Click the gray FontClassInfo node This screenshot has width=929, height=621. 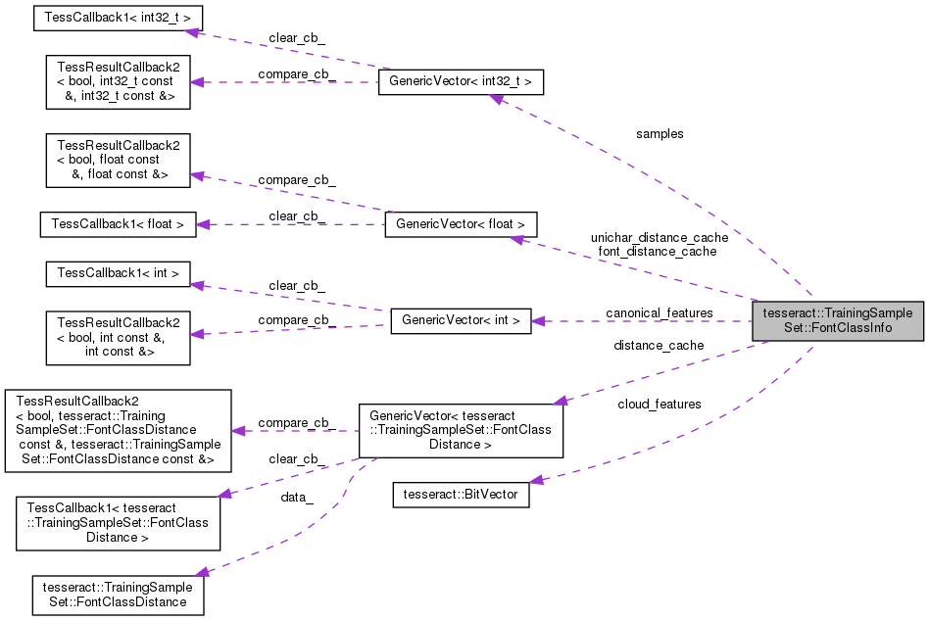(838, 320)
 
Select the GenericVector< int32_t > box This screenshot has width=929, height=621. (461, 82)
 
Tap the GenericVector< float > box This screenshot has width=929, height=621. (461, 224)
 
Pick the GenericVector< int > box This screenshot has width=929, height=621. (461, 320)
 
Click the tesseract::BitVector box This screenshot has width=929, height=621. (461, 495)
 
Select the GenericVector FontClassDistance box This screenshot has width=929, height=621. (461, 430)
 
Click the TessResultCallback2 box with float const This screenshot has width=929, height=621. (118, 160)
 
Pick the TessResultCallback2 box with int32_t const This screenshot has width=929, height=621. (118, 82)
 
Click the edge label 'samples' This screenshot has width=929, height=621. (660, 133)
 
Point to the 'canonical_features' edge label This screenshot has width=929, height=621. (660, 313)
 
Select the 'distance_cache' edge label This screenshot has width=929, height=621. (659, 345)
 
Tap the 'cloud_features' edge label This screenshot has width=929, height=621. (659, 404)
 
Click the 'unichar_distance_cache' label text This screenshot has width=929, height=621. (659, 237)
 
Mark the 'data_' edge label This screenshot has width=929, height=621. (297, 498)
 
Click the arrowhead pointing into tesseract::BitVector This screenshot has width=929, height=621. (536, 480)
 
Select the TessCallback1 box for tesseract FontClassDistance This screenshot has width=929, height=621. (118, 523)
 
